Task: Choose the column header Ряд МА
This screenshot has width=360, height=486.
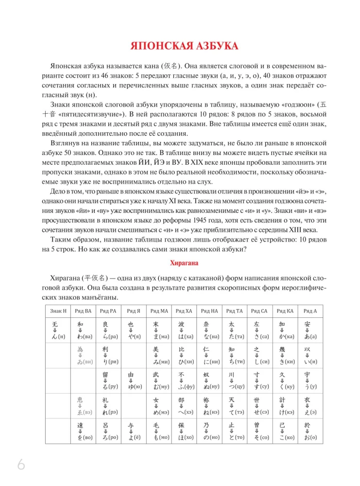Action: point(159,311)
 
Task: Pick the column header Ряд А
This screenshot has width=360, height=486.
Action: point(309,311)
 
